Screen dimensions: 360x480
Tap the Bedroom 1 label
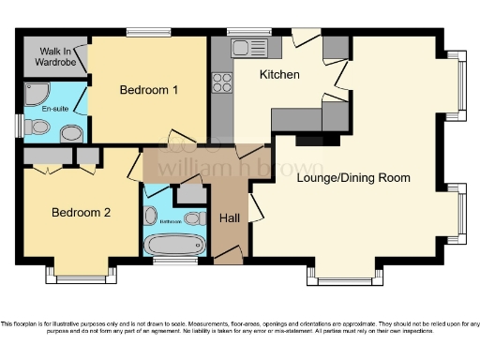coord(148,91)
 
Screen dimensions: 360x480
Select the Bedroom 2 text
coord(81,213)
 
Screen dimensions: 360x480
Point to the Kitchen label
coord(278,74)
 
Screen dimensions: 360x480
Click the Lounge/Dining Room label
coord(353,176)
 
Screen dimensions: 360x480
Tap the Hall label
coord(229,218)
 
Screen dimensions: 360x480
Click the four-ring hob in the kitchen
coord(223,82)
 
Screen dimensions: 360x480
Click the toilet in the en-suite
coord(69,134)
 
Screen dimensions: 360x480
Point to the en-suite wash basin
coord(70,105)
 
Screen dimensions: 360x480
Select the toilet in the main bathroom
coord(192,219)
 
